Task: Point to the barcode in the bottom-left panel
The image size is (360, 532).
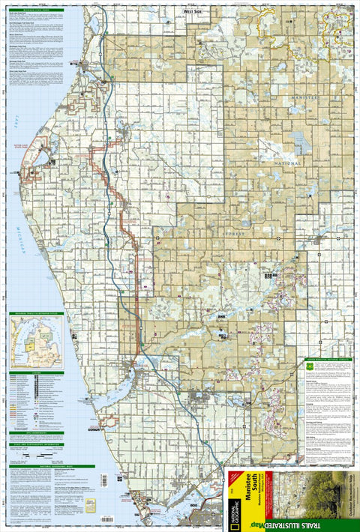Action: (x=91, y=507)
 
